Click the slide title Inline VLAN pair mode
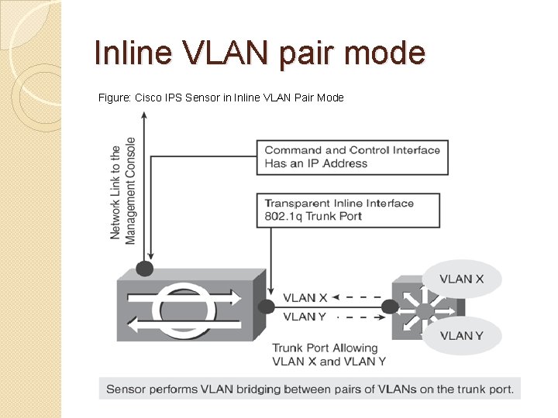[x=259, y=53]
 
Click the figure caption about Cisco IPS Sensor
[x=221, y=98]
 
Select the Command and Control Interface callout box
[x=352, y=156]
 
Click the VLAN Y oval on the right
[x=461, y=335]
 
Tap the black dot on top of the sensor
[x=144, y=269]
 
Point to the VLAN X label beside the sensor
[x=305, y=297]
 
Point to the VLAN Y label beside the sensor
[x=305, y=316]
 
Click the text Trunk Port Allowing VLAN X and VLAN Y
[x=329, y=355]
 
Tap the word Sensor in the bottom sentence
[x=126, y=389]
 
